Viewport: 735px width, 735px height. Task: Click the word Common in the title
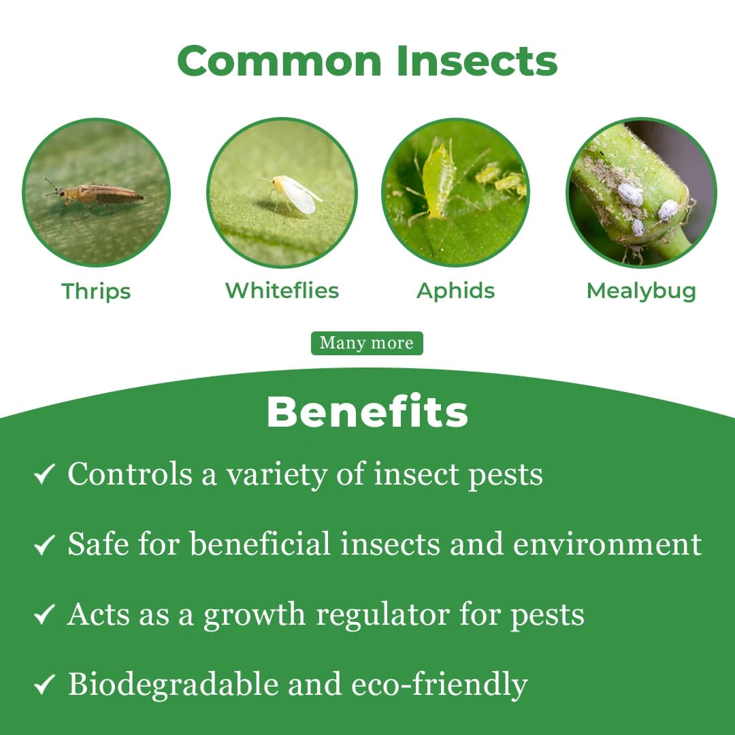(280, 61)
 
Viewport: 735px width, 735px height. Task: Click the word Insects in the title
(478, 61)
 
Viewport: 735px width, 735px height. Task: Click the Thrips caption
(96, 291)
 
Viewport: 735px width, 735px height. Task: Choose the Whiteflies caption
(282, 291)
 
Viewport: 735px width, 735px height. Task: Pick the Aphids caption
(455, 291)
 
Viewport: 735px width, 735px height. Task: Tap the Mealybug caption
(641, 291)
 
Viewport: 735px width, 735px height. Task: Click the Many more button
(367, 343)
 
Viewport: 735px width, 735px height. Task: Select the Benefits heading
(367, 411)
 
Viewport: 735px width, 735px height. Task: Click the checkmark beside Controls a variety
(44, 474)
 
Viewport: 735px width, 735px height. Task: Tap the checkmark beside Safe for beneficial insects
(44, 544)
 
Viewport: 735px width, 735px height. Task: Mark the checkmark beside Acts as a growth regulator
(44, 615)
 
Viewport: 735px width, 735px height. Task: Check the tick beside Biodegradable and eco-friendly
(44, 685)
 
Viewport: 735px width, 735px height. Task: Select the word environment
(607, 544)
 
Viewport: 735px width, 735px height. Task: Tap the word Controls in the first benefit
(129, 474)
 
